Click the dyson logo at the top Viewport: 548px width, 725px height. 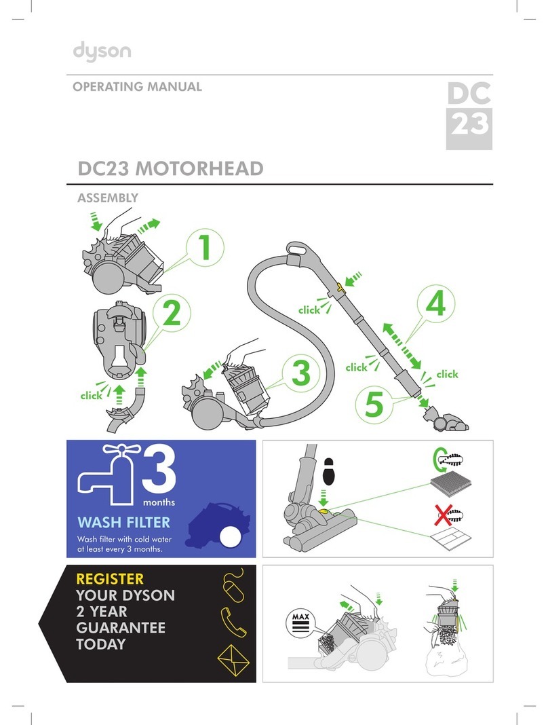pyautogui.click(x=102, y=52)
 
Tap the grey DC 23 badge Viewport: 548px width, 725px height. pyautogui.click(x=468, y=115)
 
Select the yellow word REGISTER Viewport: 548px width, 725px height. pyautogui.click(x=110, y=579)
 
